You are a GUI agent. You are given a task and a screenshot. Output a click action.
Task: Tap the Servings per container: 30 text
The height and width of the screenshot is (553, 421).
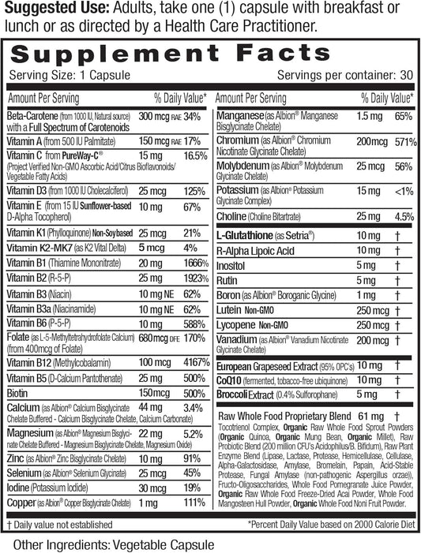(344, 77)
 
